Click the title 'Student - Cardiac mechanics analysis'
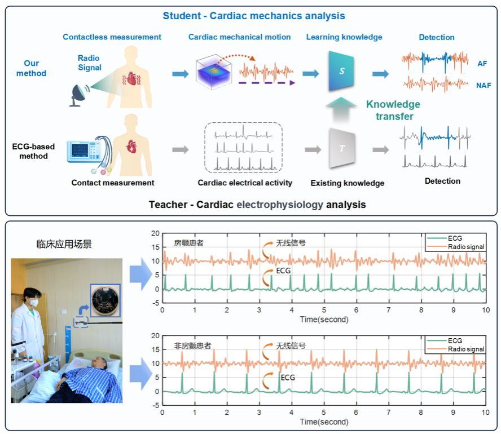254,16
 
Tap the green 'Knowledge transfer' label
393,110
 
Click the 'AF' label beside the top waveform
482,64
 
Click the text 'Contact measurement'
113,183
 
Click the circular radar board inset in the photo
105,300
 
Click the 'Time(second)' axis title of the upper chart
323,320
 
